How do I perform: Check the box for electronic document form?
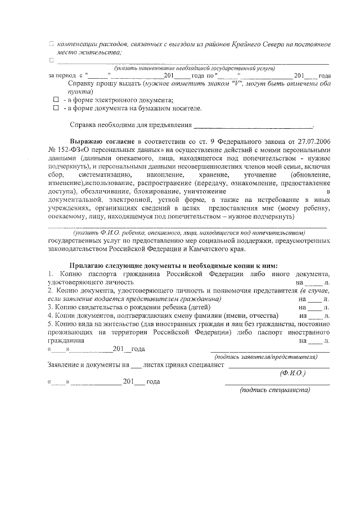(x=56, y=100)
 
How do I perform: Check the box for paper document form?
(x=56, y=108)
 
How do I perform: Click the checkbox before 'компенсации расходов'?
(x=51, y=43)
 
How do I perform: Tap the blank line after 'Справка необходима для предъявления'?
(x=253, y=125)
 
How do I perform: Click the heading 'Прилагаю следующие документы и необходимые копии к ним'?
(x=173, y=265)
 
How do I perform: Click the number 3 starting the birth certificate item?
(x=50, y=307)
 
